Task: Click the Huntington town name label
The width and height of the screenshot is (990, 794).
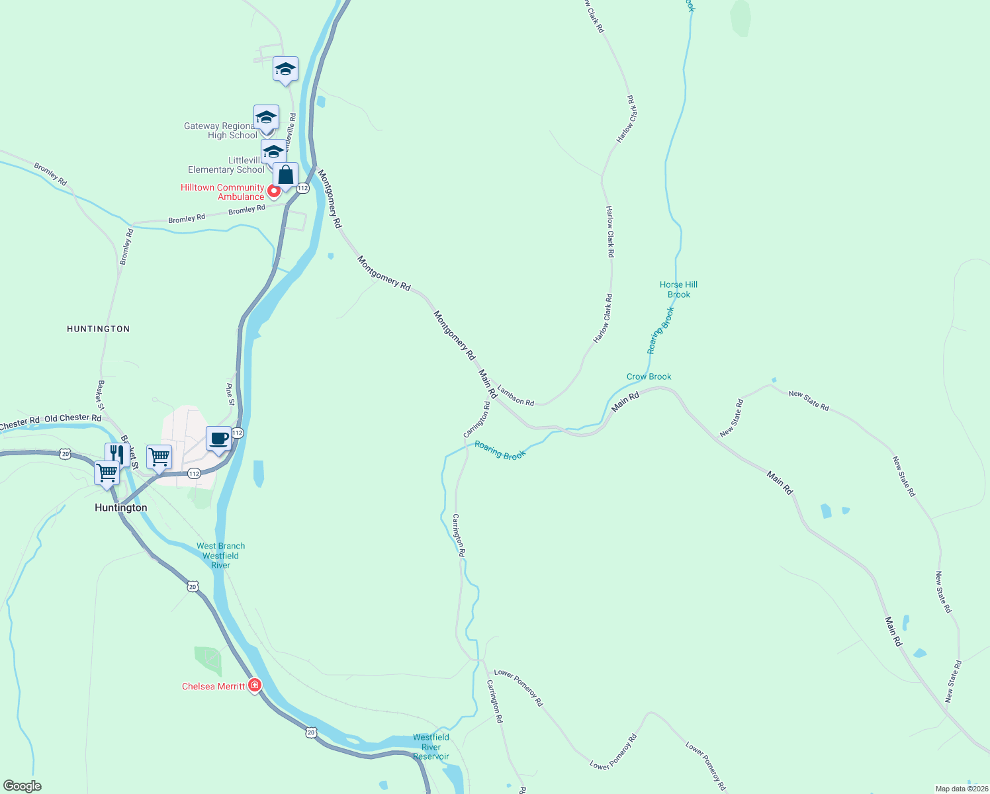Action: click(x=121, y=507)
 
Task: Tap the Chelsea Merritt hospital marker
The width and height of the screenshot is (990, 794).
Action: click(x=255, y=685)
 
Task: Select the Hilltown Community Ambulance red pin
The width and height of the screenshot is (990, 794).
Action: click(x=273, y=192)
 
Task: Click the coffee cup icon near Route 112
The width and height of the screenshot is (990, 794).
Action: click(x=219, y=439)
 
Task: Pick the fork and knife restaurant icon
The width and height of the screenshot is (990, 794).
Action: click(x=116, y=454)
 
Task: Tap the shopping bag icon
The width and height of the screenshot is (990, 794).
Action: click(x=286, y=175)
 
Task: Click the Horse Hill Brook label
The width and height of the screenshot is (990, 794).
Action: click(x=678, y=290)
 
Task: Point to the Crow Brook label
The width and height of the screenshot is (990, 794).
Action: click(x=649, y=376)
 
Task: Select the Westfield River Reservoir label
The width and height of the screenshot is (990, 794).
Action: click(x=431, y=746)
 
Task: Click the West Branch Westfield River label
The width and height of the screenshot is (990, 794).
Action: click(x=220, y=556)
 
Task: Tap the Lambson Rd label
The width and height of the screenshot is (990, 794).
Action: click(x=516, y=396)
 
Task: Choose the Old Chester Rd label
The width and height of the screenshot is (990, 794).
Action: click(x=73, y=418)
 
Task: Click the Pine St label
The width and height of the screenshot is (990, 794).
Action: click(x=230, y=394)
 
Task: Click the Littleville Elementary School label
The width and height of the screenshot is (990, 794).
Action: click(x=226, y=165)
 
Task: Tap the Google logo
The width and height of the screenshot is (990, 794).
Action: click(x=22, y=786)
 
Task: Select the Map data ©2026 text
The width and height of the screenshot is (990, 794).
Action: click(x=961, y=789)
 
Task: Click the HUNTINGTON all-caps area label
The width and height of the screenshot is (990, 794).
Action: click(x=99, y=329)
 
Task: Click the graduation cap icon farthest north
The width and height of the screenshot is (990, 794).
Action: click(x=285, y=69)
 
